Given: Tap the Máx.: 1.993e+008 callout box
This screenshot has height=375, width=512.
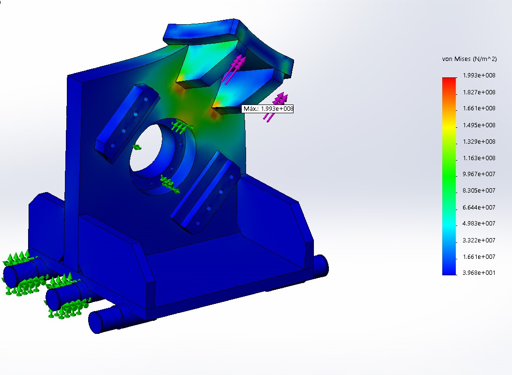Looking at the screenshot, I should tap(268, 109).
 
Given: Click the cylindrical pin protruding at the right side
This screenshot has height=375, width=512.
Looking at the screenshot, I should tap(320, 266).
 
